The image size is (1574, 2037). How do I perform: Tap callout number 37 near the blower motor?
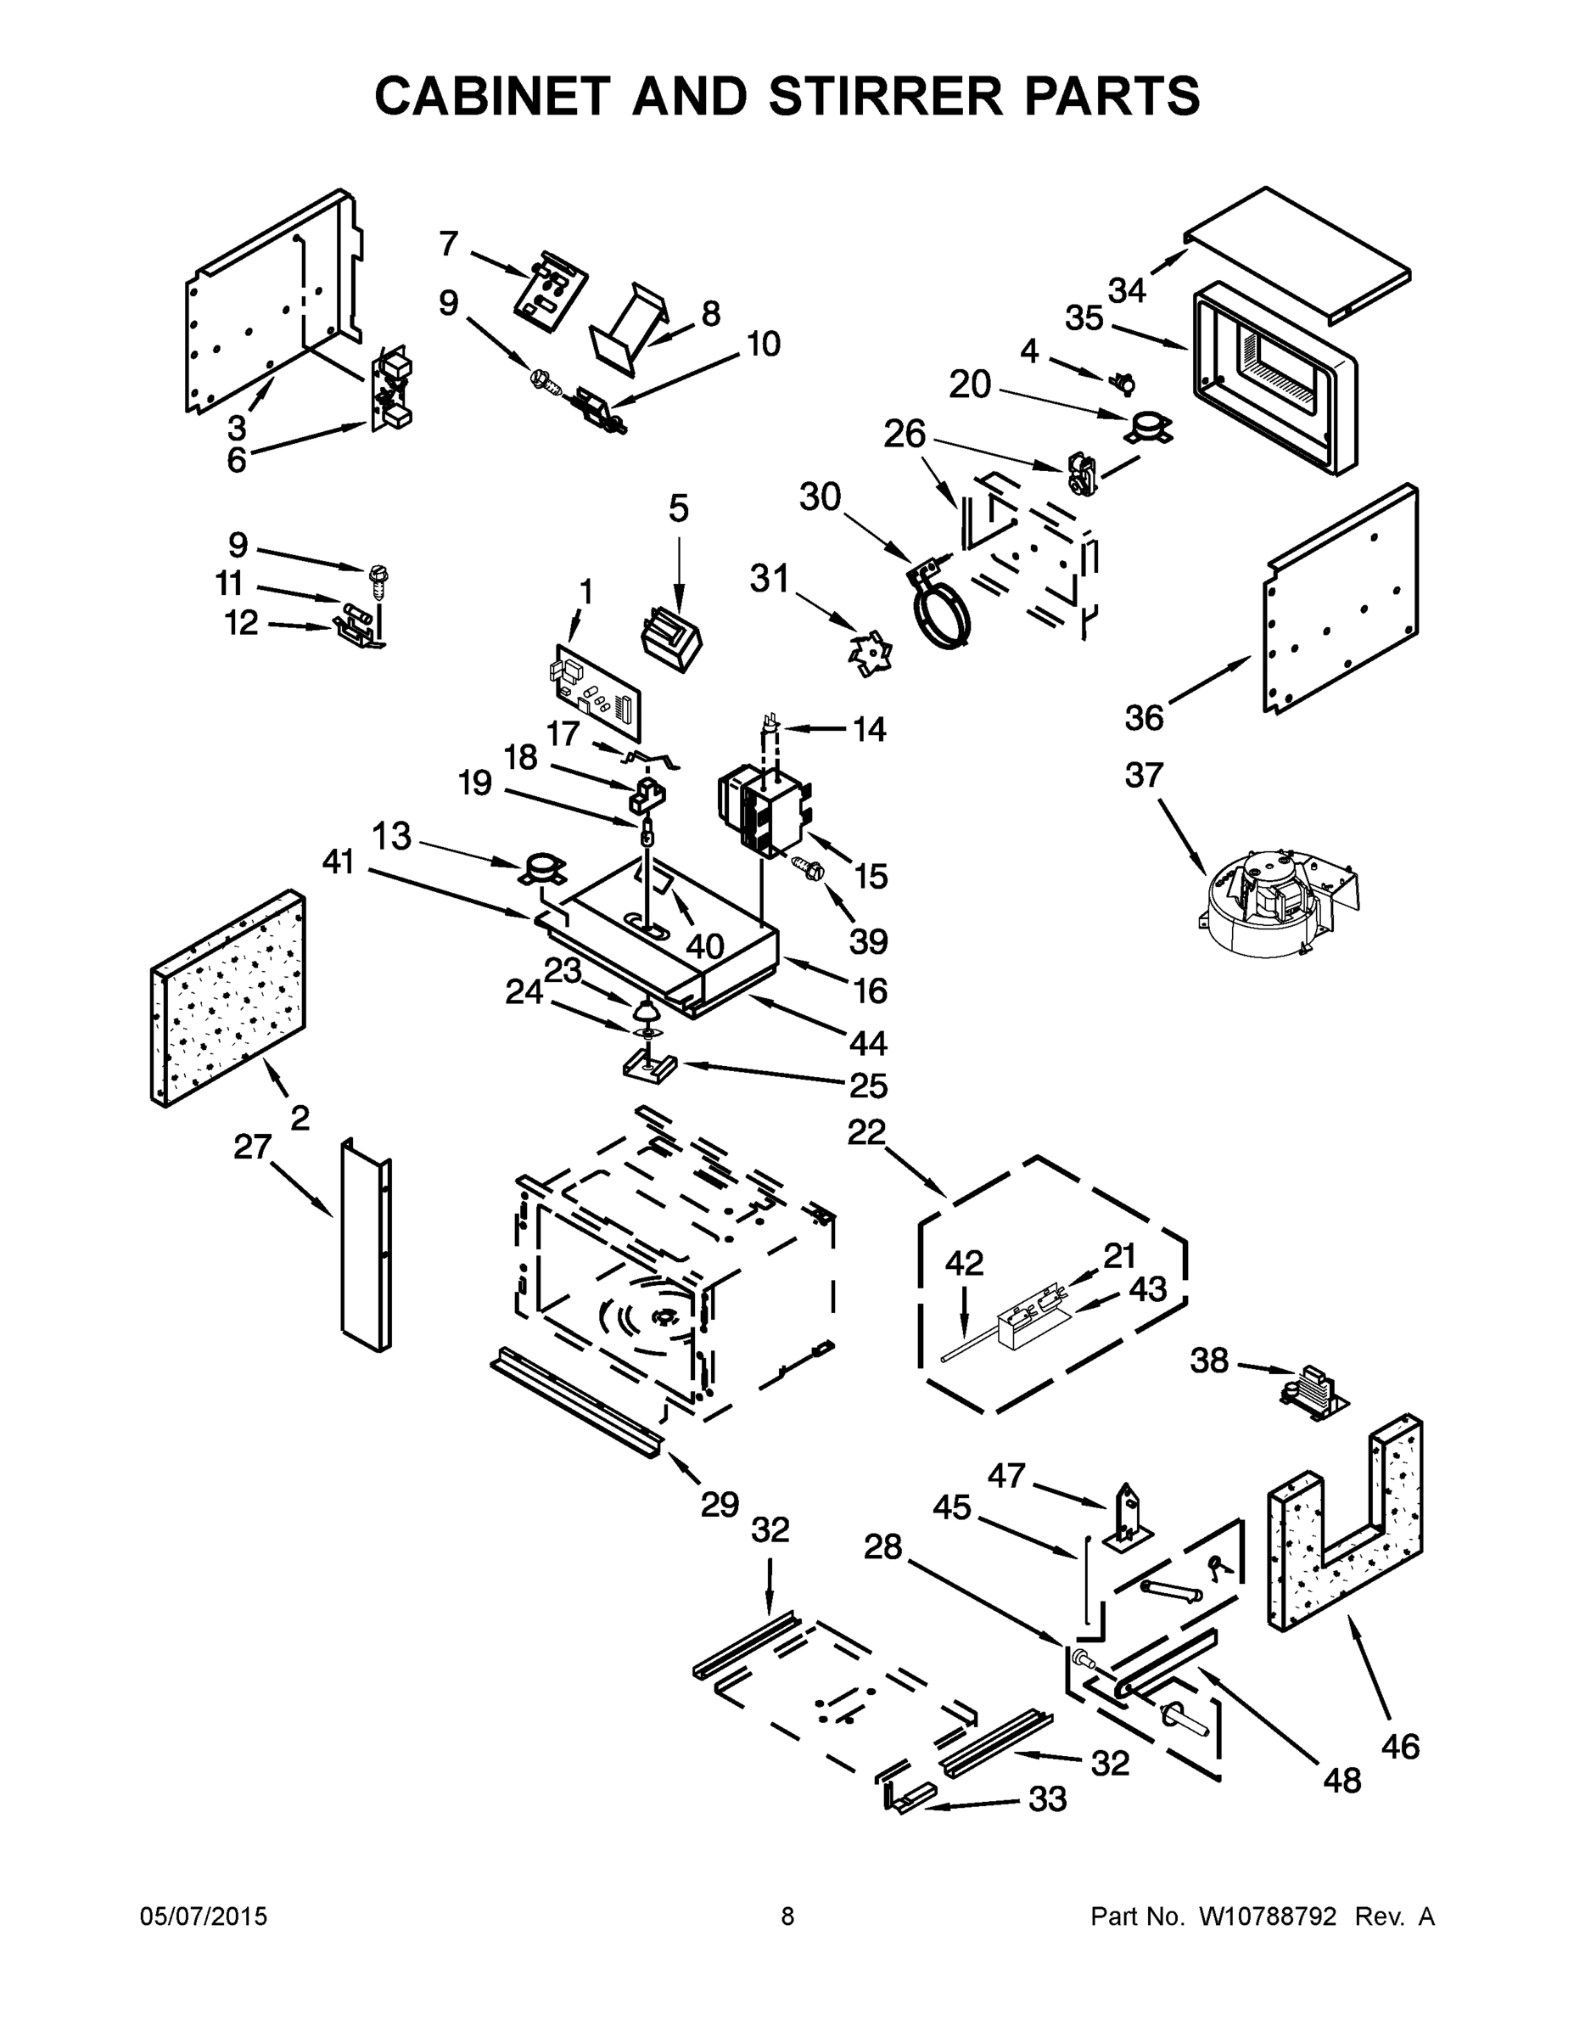coord(1144,775)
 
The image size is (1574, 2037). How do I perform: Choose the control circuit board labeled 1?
coord(596,694)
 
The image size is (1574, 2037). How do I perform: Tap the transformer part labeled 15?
coord(765,807)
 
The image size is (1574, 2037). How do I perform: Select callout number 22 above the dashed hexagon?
coord(866,1132)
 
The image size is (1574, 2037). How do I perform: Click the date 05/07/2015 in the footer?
coord(204,1916)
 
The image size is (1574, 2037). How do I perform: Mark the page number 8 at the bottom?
coord(787,1916)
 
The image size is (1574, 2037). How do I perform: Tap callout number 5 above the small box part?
coord(678,509)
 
